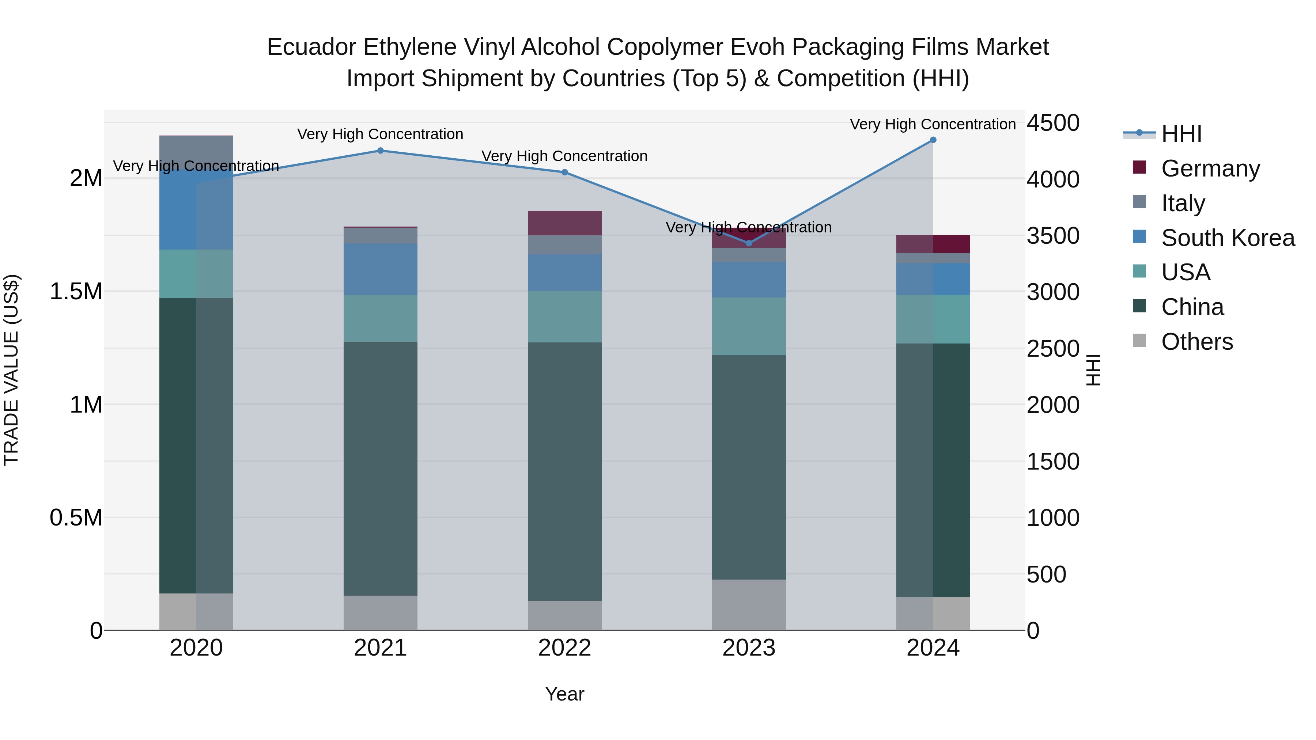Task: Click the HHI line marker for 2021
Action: coord(380,151)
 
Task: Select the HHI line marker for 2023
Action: coord(749,243)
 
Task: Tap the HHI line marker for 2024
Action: coord(933,140)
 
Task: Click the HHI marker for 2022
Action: coord(564,172)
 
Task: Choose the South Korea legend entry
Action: coord(1227,238)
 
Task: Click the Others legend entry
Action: coord(1196,342)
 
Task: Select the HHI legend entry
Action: coord(1181,134)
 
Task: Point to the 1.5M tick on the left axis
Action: coord(76,292)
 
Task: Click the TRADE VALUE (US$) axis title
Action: coord(12,370)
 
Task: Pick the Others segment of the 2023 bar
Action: coord(749,605)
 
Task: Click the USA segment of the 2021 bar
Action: coord(380,318)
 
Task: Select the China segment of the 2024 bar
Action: coord(933,470)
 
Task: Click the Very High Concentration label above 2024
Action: coord(933,125)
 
